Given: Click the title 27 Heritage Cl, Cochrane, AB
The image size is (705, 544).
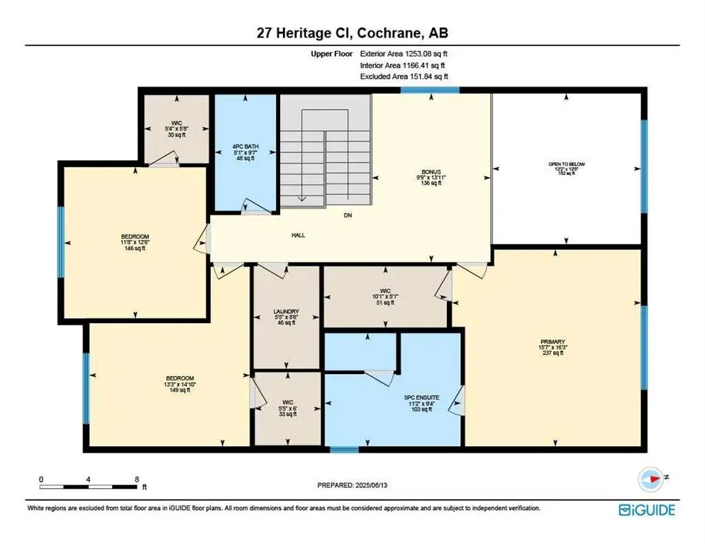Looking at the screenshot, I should (x=352, y=33).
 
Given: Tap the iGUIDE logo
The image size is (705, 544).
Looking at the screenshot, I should (x=646, y=510).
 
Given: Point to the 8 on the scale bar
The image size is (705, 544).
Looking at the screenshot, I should (x=136, y=480).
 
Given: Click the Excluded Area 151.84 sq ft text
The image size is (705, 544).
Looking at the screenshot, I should (x=404, y=76).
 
